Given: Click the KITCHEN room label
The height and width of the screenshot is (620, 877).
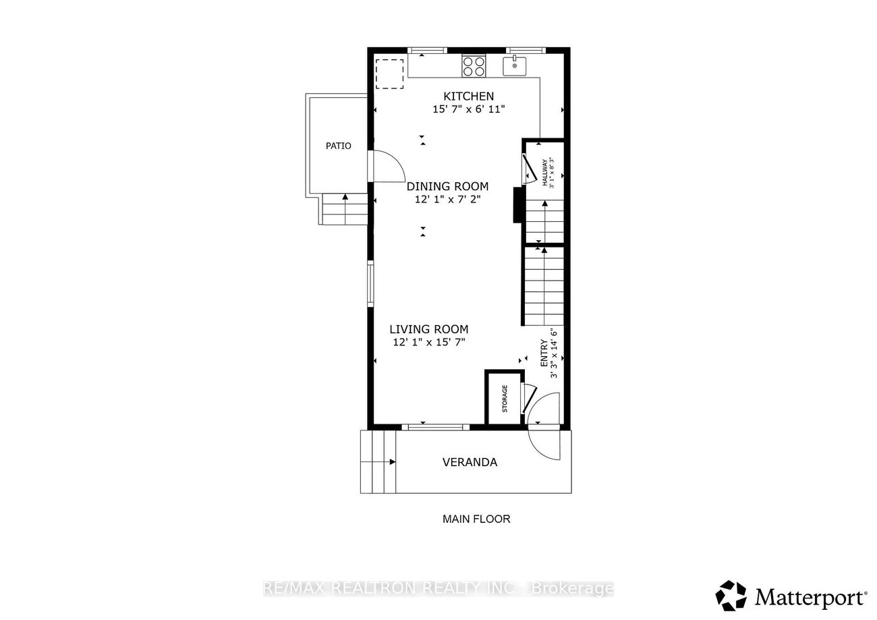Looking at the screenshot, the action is [468, 96].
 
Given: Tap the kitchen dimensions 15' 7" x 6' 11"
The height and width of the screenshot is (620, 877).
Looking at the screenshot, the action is [469, 109].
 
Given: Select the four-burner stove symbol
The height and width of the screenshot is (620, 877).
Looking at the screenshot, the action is [474, 66].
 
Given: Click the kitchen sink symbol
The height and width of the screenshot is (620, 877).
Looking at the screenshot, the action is [515, 65].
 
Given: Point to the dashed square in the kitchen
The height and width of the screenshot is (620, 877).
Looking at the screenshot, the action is [389, 74].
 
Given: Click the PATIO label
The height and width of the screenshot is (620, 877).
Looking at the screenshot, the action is [338, 146].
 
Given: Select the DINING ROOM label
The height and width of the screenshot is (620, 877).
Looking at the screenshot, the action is [447, 186].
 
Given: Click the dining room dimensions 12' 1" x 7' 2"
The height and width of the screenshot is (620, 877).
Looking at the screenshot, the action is [447, 200].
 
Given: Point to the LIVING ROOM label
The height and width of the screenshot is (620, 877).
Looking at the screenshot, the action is [428, 329].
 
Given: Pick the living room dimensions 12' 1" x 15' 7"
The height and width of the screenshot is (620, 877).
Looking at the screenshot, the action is [429, 342].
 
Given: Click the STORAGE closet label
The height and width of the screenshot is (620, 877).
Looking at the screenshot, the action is [505, 399].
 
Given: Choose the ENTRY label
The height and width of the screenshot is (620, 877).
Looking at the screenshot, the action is [544, 353].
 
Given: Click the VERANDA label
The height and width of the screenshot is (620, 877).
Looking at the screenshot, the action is [470, 462].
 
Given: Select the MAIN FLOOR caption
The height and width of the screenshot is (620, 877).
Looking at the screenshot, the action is [476, 519].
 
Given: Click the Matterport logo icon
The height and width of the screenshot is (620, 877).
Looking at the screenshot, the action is [731, 595].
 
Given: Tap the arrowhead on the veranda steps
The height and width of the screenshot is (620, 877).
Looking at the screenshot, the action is [393, 462].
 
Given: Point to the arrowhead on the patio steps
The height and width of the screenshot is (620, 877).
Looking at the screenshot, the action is [345, 197].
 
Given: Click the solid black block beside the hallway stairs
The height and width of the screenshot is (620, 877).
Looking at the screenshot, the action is [517, 205].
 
